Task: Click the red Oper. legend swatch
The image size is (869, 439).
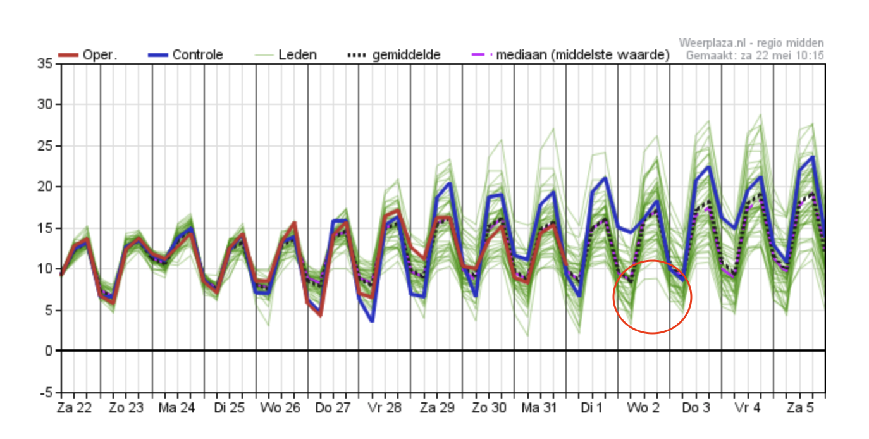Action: [68, 55]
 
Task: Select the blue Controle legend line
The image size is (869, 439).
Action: [158, 55]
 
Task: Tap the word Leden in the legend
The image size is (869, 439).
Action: [297, 55]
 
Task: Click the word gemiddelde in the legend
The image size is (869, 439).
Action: [406, 56]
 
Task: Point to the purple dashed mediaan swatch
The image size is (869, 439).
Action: [482, 55]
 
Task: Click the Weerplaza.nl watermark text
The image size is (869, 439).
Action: [751, 42]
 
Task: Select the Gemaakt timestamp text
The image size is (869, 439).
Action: [755, 56]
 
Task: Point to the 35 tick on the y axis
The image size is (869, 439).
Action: [45, 63]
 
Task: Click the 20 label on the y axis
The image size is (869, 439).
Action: [45, 187]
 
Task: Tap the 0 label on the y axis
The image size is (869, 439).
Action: [49, 351]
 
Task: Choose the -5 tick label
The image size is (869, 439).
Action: [46, 392]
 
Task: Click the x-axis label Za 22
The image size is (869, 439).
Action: [74, 408]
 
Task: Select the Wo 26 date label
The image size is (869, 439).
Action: [280, 408]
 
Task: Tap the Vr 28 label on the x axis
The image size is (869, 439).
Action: [385, 408]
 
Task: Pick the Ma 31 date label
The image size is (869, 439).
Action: [539, 408]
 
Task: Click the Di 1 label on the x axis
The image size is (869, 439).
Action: [591, 408]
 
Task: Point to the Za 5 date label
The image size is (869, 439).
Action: [800, 408]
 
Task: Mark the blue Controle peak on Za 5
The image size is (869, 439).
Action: [812, 157]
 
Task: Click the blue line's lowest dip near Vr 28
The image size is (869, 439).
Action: [373, 321]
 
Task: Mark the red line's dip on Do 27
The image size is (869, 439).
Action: [321, 315]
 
